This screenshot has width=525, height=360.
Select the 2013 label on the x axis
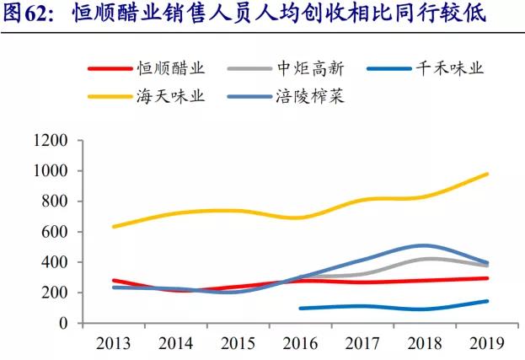[113, 343]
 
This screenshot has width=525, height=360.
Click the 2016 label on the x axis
[300, 343]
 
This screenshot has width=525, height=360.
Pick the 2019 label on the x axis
[487, 343]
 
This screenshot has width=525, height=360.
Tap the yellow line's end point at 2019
[487, 175]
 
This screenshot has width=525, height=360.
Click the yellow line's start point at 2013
[114, 227]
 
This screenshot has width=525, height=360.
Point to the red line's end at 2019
[487, 278]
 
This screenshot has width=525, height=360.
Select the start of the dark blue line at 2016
[301, 309]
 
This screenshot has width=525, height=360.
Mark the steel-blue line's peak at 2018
[425, 245]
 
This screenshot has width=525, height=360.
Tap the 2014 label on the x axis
[175, 343]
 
